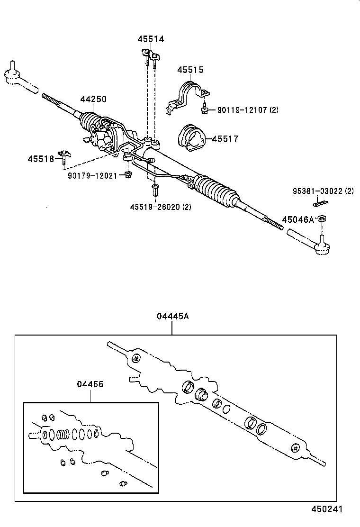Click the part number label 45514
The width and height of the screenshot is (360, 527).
[151, 40]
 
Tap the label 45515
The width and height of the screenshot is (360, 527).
[190, 70]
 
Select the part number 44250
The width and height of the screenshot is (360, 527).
[93, 100]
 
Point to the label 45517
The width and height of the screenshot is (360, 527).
[225, 139]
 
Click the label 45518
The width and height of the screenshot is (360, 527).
[41, 159]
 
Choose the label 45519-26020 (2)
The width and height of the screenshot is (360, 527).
[161, 207]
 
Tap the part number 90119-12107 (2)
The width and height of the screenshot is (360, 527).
[248, 110]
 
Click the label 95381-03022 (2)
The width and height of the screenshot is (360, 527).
[323, 191]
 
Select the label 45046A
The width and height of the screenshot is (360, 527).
[298, 219]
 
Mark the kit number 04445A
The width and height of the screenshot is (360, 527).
[172, 317]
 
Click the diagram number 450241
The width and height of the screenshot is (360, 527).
[326, 509]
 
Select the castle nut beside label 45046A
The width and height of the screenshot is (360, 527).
[321, 219]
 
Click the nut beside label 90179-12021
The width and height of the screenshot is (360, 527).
[127, 176]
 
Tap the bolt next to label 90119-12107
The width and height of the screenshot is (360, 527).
[205, 109]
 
